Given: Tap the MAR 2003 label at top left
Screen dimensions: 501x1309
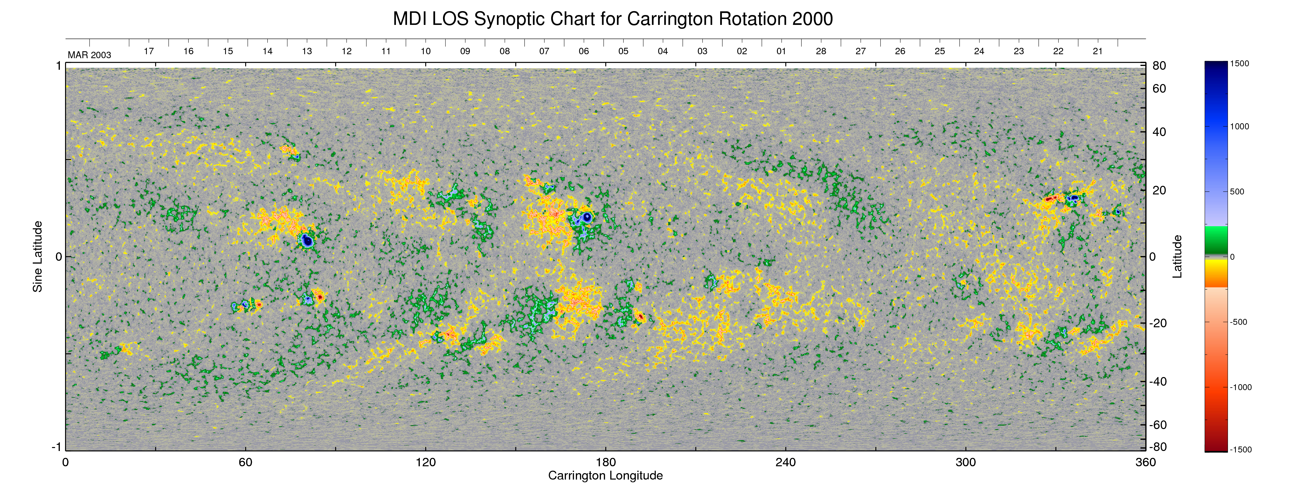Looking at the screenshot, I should point(89,55).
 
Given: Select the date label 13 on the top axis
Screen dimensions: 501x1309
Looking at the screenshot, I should point(307,51).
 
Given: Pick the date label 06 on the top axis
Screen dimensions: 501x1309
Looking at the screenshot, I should point(584,51).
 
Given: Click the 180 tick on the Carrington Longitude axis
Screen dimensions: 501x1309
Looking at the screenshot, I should point(606,462).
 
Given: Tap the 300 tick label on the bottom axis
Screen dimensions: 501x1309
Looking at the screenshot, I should point(966,462).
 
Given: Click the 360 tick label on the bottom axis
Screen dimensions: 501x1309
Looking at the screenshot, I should point(1145,462).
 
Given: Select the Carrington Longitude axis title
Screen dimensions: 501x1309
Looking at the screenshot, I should point(605,476).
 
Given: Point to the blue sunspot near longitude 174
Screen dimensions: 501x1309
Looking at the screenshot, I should point(587,217).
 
